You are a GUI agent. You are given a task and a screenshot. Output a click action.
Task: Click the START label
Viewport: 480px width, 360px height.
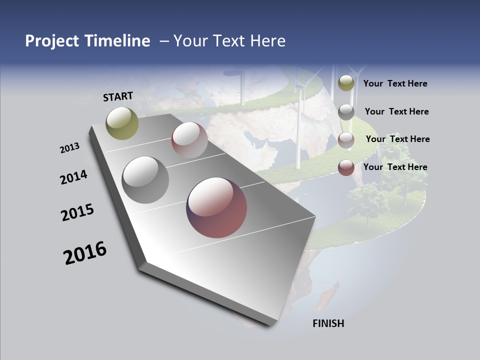click(118, 96)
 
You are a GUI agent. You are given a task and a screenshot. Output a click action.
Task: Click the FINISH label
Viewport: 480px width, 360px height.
click(328, 323)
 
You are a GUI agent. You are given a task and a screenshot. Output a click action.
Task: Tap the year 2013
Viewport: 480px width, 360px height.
click(70, 148)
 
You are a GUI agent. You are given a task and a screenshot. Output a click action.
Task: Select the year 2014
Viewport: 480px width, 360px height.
click(74, 177)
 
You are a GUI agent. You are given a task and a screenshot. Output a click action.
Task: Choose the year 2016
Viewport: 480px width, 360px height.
click(85, 253)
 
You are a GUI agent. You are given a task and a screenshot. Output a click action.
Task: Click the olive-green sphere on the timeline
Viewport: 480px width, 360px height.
click(122, 123)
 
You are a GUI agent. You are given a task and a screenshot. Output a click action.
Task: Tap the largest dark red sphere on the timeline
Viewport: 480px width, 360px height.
click(216, 207)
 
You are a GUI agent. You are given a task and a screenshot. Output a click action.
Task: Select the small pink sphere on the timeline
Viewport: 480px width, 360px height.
click(189, 140)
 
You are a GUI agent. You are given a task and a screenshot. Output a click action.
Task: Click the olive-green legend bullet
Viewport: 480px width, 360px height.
click(346, 83)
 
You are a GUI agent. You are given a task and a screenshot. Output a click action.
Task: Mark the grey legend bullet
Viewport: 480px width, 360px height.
click(346, 111)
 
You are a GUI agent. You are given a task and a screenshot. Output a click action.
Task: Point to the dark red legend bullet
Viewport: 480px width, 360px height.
click(346, 167)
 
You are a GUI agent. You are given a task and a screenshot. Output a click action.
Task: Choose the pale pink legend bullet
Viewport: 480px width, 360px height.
click(346, 140)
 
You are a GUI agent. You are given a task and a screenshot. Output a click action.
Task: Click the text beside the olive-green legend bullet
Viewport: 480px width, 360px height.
click(395, 83)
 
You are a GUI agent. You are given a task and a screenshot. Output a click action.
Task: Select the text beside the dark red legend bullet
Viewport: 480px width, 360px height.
click(395, 167)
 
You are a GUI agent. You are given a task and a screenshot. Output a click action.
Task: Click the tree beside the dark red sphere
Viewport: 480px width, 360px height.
click(368, 202)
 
